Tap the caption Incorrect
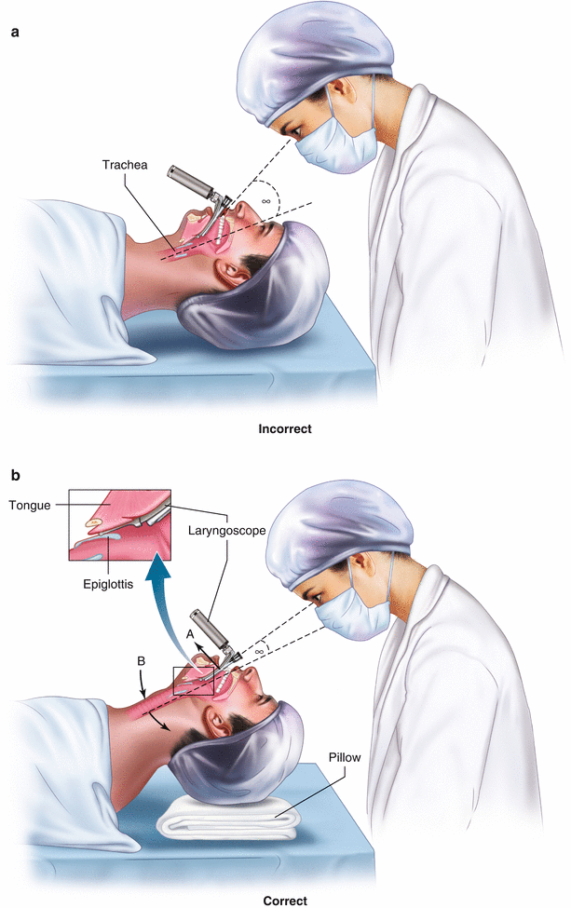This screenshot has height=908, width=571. click(285, 429)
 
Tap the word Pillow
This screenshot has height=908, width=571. click(342, 757)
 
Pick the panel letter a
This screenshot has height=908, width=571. click(16, 32)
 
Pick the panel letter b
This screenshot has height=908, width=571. click(16, 476)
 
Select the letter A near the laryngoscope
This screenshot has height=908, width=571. click(191, 633)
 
